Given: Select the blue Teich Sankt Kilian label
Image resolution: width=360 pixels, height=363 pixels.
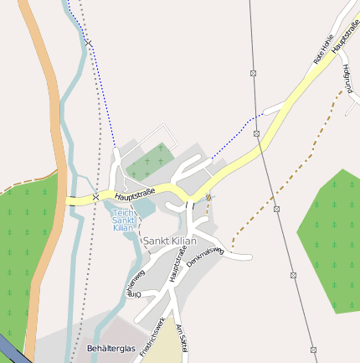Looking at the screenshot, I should pyautogui.click(x=124, y=220).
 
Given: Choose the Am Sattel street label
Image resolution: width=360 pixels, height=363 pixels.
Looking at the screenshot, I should pyautogui.click(x=182, y=340).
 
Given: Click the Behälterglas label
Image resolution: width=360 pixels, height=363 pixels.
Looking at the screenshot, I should pyautogui.click(x=111, y=348).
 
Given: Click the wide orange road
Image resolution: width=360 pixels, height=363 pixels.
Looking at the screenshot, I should pyautogui.click(x=46, y=126).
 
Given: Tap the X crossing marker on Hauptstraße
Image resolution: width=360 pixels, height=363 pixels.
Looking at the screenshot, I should pyautogui.click(x=95, y=197).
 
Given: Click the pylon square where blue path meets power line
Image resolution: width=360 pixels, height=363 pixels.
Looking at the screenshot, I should pyautogui.click(x=257, y=133).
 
